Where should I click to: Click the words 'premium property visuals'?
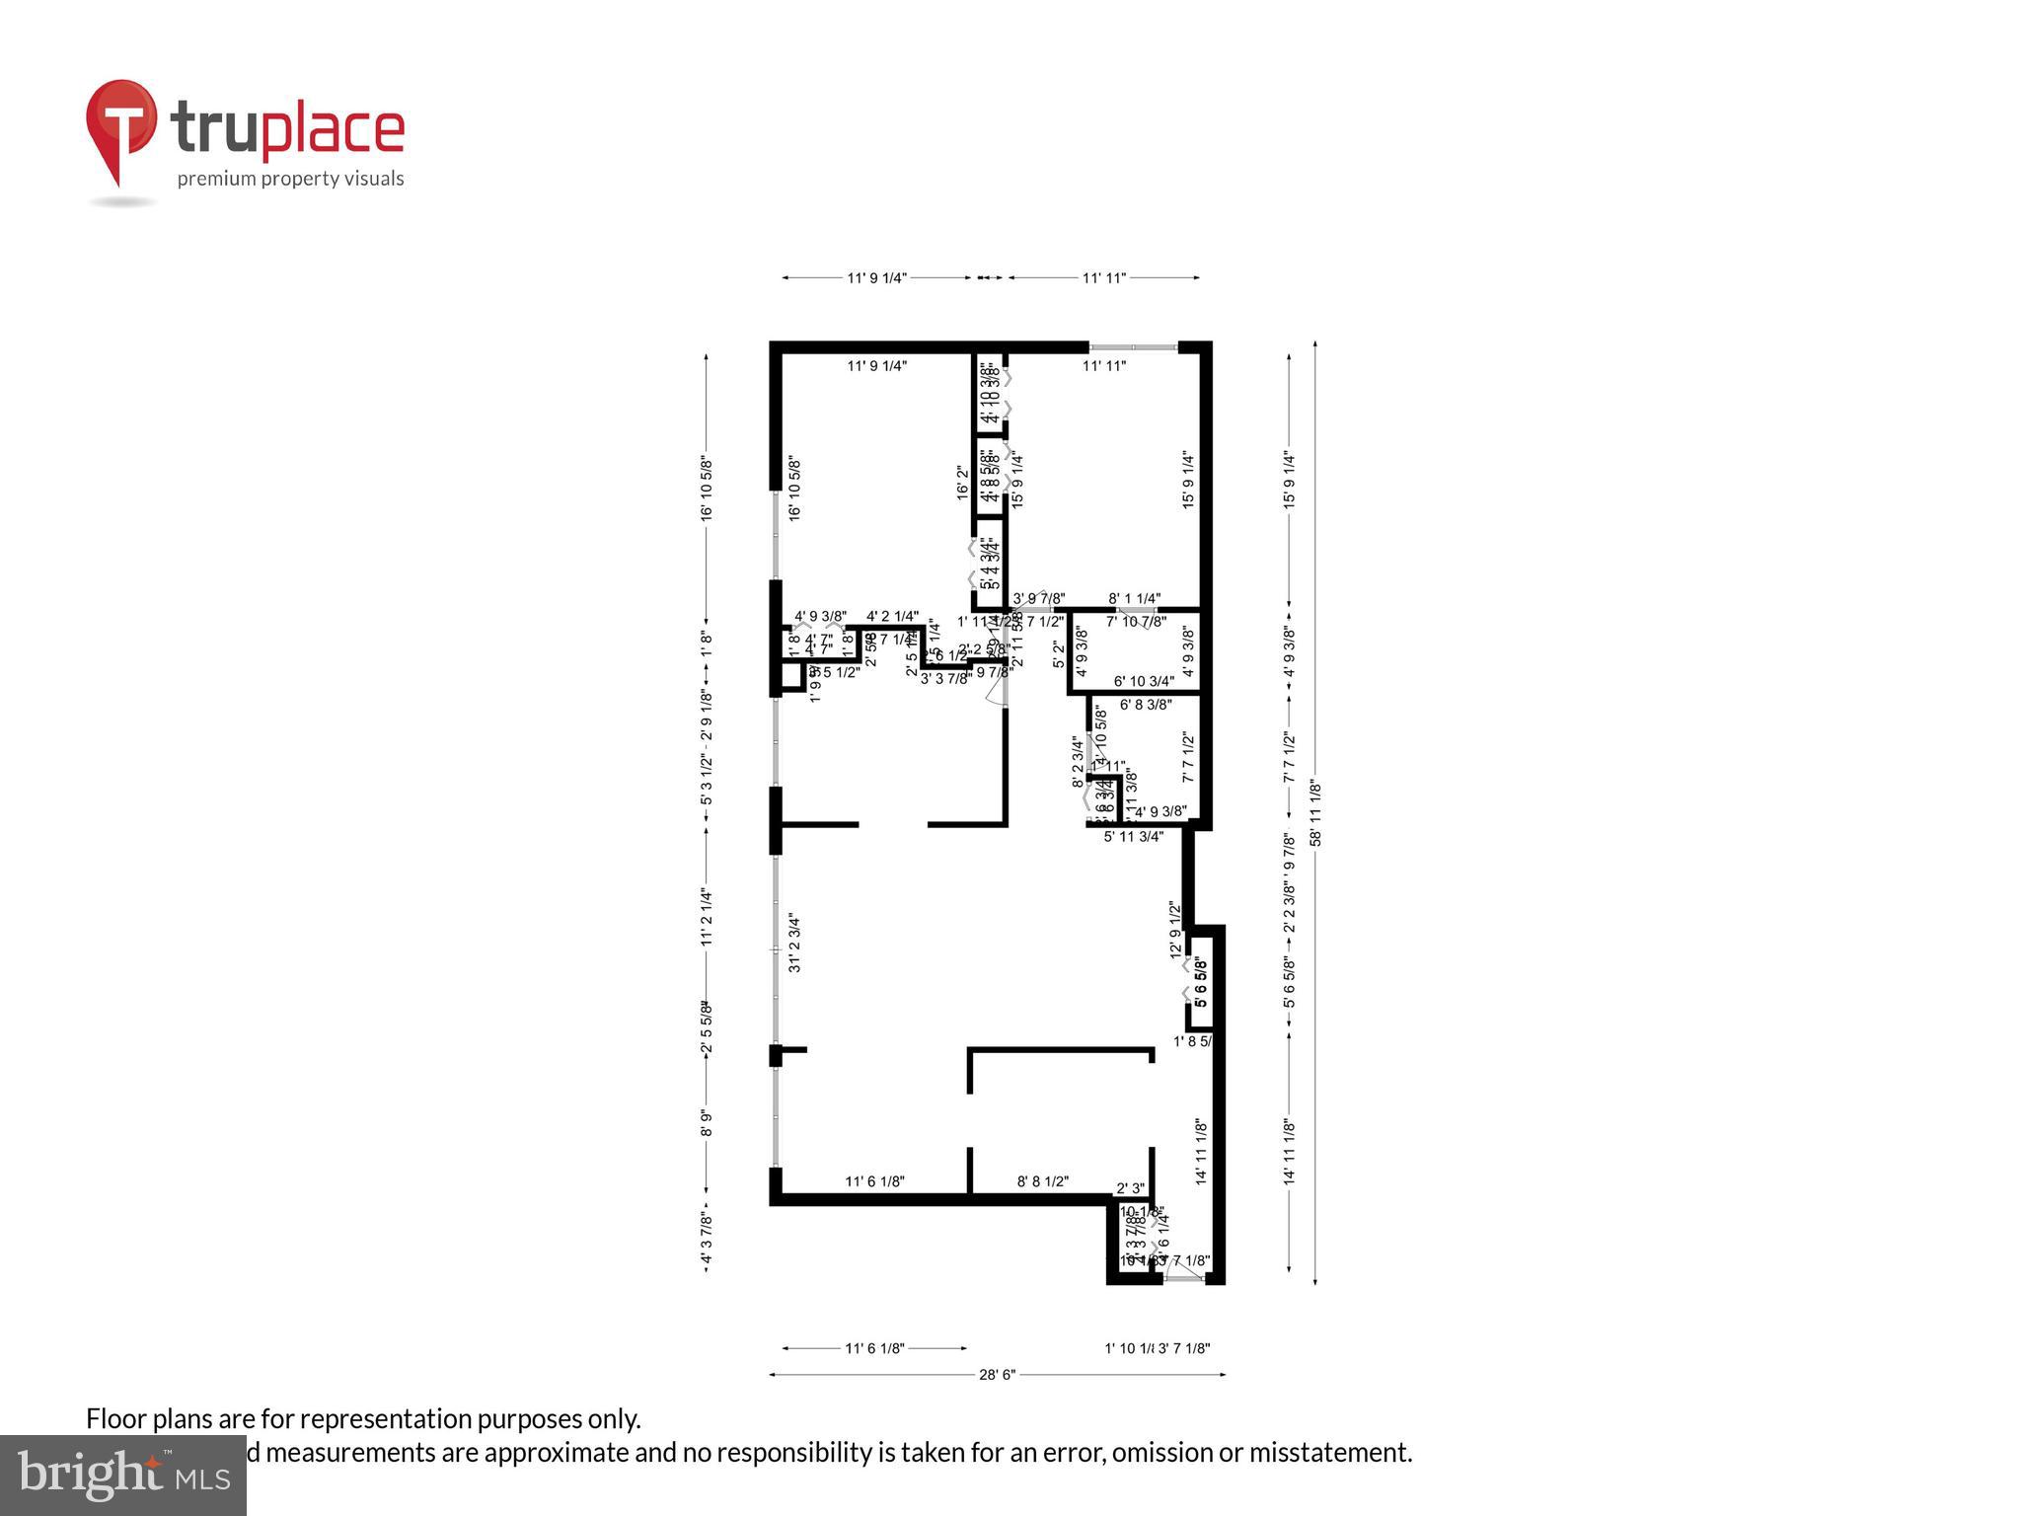(290, 179)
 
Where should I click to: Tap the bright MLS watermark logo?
(123, 1475)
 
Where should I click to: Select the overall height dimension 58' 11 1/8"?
(1314, 813)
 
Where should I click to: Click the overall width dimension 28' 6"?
(997, 1374)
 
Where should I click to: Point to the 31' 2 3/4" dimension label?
(794, 944)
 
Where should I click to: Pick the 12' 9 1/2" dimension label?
(1175, 929)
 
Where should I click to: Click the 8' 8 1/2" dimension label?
(1042, 1181)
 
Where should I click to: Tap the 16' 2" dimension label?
(963, 484)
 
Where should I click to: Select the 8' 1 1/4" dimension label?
(1134, 599)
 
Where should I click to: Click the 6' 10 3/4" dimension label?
(1144, 681)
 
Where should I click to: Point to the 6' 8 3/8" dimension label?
(1146, 705)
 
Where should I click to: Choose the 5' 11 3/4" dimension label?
(1134, 836)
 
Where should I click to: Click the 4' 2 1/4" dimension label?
(892, 617)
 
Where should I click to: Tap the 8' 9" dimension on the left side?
(706, 1123)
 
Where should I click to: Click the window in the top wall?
(1133, 346)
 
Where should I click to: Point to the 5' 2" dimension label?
(1059, 653)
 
